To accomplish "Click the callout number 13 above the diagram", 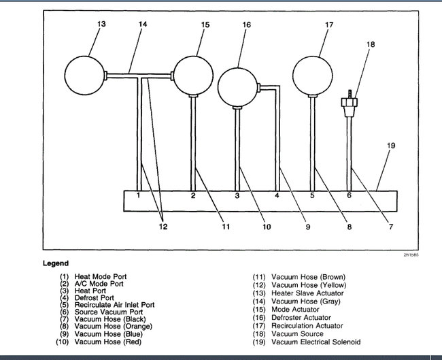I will point(101,24).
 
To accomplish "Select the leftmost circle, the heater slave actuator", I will point(86,74).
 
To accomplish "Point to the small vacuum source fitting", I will point(350,103).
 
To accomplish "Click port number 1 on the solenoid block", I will point(139,195).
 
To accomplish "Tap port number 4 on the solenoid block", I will point(277,195).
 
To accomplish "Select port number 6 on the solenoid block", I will point(350,195).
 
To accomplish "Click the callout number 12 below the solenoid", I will point(163,227).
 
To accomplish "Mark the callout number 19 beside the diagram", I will point(390,146).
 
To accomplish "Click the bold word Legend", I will point(56,263).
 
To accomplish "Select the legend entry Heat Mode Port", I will point(101,276).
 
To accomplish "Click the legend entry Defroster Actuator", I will point(301,317).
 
